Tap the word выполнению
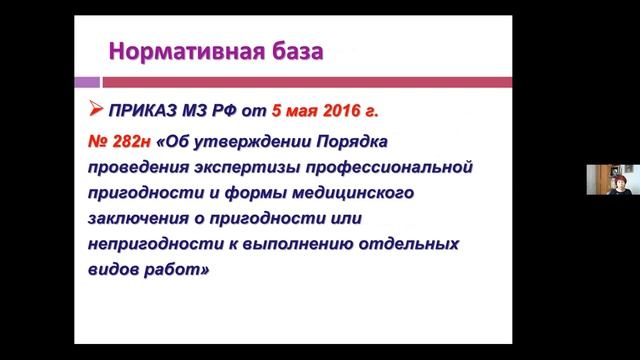(300, 243)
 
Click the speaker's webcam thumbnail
(611, 181)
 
